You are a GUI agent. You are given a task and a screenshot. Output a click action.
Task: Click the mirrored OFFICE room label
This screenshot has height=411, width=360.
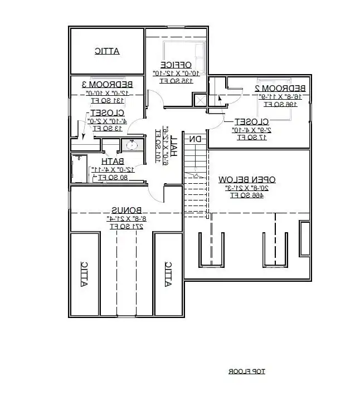176,64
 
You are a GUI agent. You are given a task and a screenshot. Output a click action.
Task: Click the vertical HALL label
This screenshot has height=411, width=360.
174,145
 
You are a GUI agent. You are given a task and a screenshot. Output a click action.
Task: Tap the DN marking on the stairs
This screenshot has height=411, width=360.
195,139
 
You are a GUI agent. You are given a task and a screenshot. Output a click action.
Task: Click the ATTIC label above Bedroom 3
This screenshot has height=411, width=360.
107,51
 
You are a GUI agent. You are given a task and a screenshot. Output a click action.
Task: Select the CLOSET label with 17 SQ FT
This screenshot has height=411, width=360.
251,121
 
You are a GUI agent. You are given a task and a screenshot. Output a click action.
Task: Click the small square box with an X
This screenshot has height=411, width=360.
199,100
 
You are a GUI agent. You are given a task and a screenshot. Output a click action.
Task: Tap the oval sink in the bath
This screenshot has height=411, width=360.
130,146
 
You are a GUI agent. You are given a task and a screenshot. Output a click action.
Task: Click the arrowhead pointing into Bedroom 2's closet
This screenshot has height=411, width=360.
220,99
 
